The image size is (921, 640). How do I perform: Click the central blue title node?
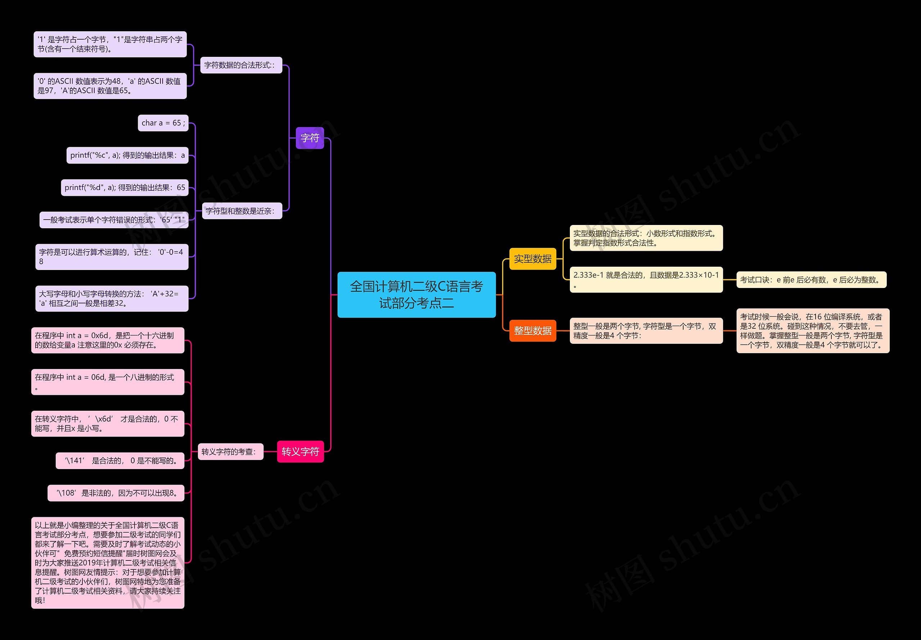pos(416,295)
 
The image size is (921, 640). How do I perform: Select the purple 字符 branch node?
pos(310,138)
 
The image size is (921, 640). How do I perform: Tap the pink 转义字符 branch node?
pos(300,451)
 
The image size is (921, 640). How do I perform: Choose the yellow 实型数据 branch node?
pos(533,259)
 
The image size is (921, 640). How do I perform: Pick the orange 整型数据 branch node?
pos(533,330)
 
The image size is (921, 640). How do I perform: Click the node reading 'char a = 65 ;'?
pos(163,123)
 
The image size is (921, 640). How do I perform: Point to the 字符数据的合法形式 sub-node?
pos(241,65)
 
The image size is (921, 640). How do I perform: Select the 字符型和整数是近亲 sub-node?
pos(242,211)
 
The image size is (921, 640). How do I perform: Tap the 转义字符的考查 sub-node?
pos(231,451)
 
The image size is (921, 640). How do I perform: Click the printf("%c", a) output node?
pos(127,155)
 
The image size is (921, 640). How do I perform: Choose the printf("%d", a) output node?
pos(124,187)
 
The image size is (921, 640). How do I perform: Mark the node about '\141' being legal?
pos(120,460)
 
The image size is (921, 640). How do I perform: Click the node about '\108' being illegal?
pos(116,493)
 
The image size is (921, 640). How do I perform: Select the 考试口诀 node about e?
pos(812,279)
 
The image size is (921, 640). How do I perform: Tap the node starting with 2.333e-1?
pos(646,279)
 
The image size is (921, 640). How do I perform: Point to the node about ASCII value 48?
pos(110,86)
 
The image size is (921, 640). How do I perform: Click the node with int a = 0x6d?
pos(108,340)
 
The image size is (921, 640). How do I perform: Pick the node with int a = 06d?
pos(108,382)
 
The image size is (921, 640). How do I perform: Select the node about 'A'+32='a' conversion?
pos(112,298)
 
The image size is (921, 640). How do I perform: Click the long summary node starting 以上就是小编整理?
pos(108,563)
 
